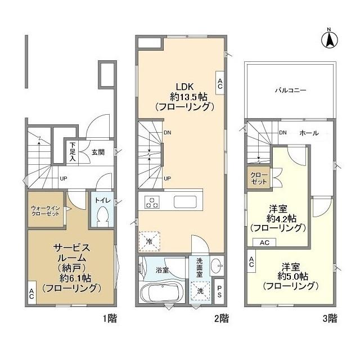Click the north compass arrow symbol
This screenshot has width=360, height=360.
coord(329,40)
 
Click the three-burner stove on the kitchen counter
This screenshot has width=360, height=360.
coord(152,202)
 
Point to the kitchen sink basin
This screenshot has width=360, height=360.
coord(185,202)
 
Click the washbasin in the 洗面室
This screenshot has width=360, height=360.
coord(217,265)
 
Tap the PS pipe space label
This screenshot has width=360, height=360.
coord(219,291)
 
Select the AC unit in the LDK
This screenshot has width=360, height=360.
coord(220,83)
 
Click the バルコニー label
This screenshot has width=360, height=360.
coord(290,90)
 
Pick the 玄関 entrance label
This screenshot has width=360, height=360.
coord(98,152)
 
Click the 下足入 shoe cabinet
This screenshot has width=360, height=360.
coord(73,151)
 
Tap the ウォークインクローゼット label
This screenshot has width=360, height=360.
coord(46,211)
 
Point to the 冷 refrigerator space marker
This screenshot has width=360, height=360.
coord(150,241)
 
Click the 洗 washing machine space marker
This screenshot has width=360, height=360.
coord(200,291)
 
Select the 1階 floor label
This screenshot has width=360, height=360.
coord(110,318)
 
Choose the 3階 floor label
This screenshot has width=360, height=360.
coord(330,318)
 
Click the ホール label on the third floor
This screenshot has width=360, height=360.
coord(309,133)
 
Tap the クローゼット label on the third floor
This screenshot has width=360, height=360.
coord(259,178)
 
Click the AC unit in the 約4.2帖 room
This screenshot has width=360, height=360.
coord(264,242)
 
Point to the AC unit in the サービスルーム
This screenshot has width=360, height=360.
coord(31,293)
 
